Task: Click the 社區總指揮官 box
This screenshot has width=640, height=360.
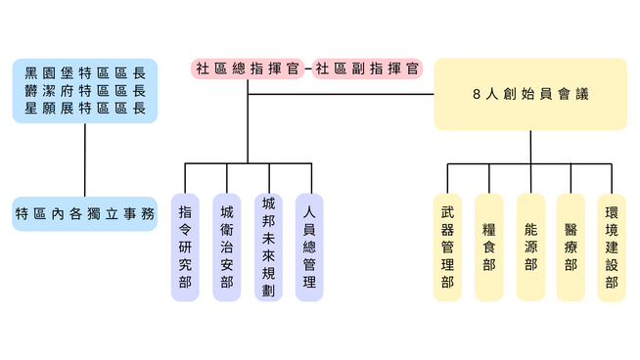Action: pyautogui.click(x=248, y=68)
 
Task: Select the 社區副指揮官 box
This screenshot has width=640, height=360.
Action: pyautogui.click(x=367, y=68)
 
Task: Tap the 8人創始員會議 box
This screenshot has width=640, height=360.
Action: pyautogui.click(x=530, y=94)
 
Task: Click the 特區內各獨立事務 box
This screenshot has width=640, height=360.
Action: pyautogui.click(x=85, y=214)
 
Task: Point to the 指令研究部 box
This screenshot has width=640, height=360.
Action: pyautogui.click(x=185, y=247)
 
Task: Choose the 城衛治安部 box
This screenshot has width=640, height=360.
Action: pyautogui.click(x=227, y=247)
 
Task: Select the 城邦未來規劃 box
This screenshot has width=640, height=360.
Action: pyautogui.click(x=268, y=247)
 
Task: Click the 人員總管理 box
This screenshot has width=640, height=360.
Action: pyautogui.click(x=309, y=247)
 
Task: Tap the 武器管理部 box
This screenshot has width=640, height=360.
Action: pyautogui.click(x=447, y=247)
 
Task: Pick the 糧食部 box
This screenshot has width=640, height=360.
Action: pyautogui.click(x=489, y=247)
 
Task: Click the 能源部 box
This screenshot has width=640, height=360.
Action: pyautogui.click(x=531, y=247)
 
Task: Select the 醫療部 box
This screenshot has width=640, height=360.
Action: pyautogui.click(x=571, y=247)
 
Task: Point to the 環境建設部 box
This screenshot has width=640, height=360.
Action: pyautogui.click(x=612, y=247)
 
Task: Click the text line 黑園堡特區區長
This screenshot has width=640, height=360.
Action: pyautogui.click(x=85, y=73)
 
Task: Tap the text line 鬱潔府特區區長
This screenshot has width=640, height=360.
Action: pyautogui.click(x=85, y=91)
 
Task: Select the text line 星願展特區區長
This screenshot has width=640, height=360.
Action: pyautogui.click(x=85, y=109)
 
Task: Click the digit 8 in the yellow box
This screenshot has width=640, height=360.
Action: pyautogui.click(x=477, y=94)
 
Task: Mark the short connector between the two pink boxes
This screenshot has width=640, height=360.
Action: pyautogui.click(x=308, y=68)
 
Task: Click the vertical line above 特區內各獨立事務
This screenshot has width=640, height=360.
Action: pyautogui.click(x=85, y=160)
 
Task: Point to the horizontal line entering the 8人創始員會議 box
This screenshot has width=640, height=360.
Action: pyautogui.click(x=341, y=94)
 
